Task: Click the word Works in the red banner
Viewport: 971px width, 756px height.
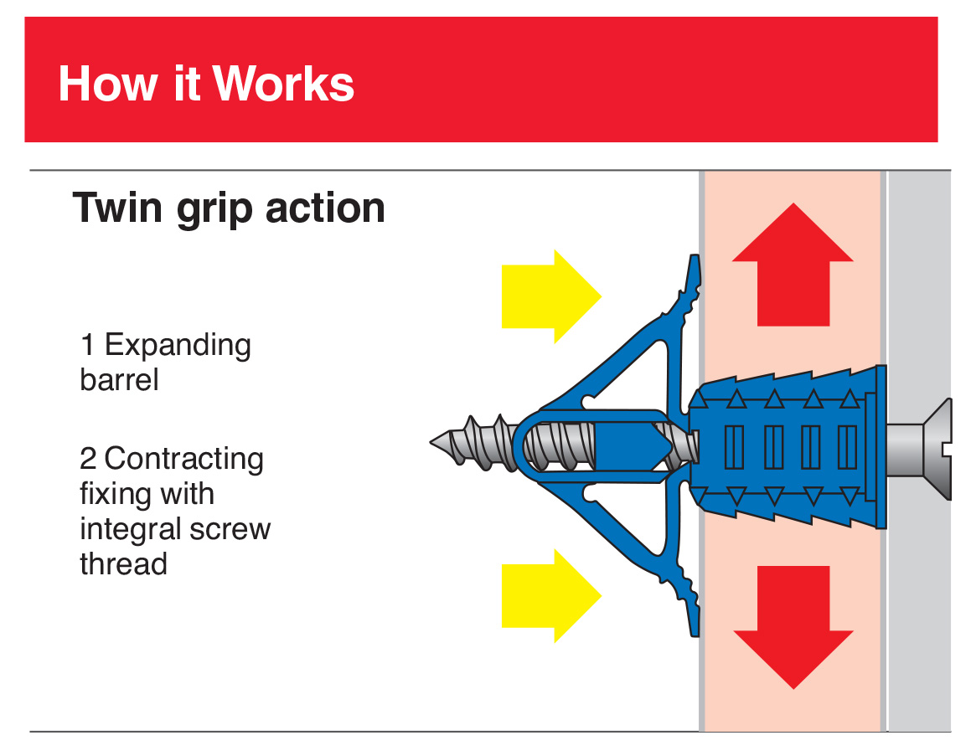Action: (283, 84)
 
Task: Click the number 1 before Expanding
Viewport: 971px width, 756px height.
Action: (88, 345)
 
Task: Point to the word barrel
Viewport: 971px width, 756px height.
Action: (119, 380)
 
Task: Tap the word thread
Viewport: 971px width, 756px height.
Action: (123, 563)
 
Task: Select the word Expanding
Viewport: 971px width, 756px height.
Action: (178, 346)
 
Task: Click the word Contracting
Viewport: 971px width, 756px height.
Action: (184, 459)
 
